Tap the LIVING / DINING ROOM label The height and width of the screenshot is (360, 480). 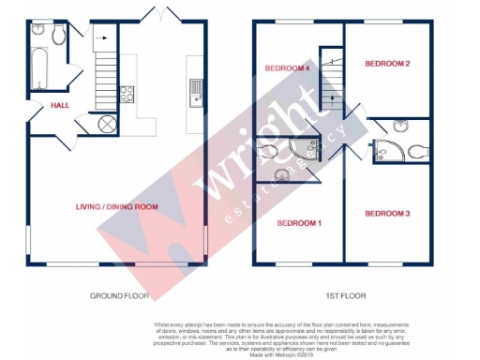(117, 206)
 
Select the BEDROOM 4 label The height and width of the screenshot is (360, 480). (287, 67)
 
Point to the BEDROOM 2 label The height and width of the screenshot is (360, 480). (387, 63)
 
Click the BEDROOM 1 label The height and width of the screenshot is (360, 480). (299, 223)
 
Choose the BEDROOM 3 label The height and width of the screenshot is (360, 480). (387, 215)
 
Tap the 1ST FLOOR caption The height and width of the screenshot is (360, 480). (344, 296)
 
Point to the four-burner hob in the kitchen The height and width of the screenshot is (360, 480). (127, 95)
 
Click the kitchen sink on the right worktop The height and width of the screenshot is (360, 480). (197, 91)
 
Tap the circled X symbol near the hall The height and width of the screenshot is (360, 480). (106, 124)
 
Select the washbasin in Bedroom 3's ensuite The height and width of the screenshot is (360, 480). (401, 126)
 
